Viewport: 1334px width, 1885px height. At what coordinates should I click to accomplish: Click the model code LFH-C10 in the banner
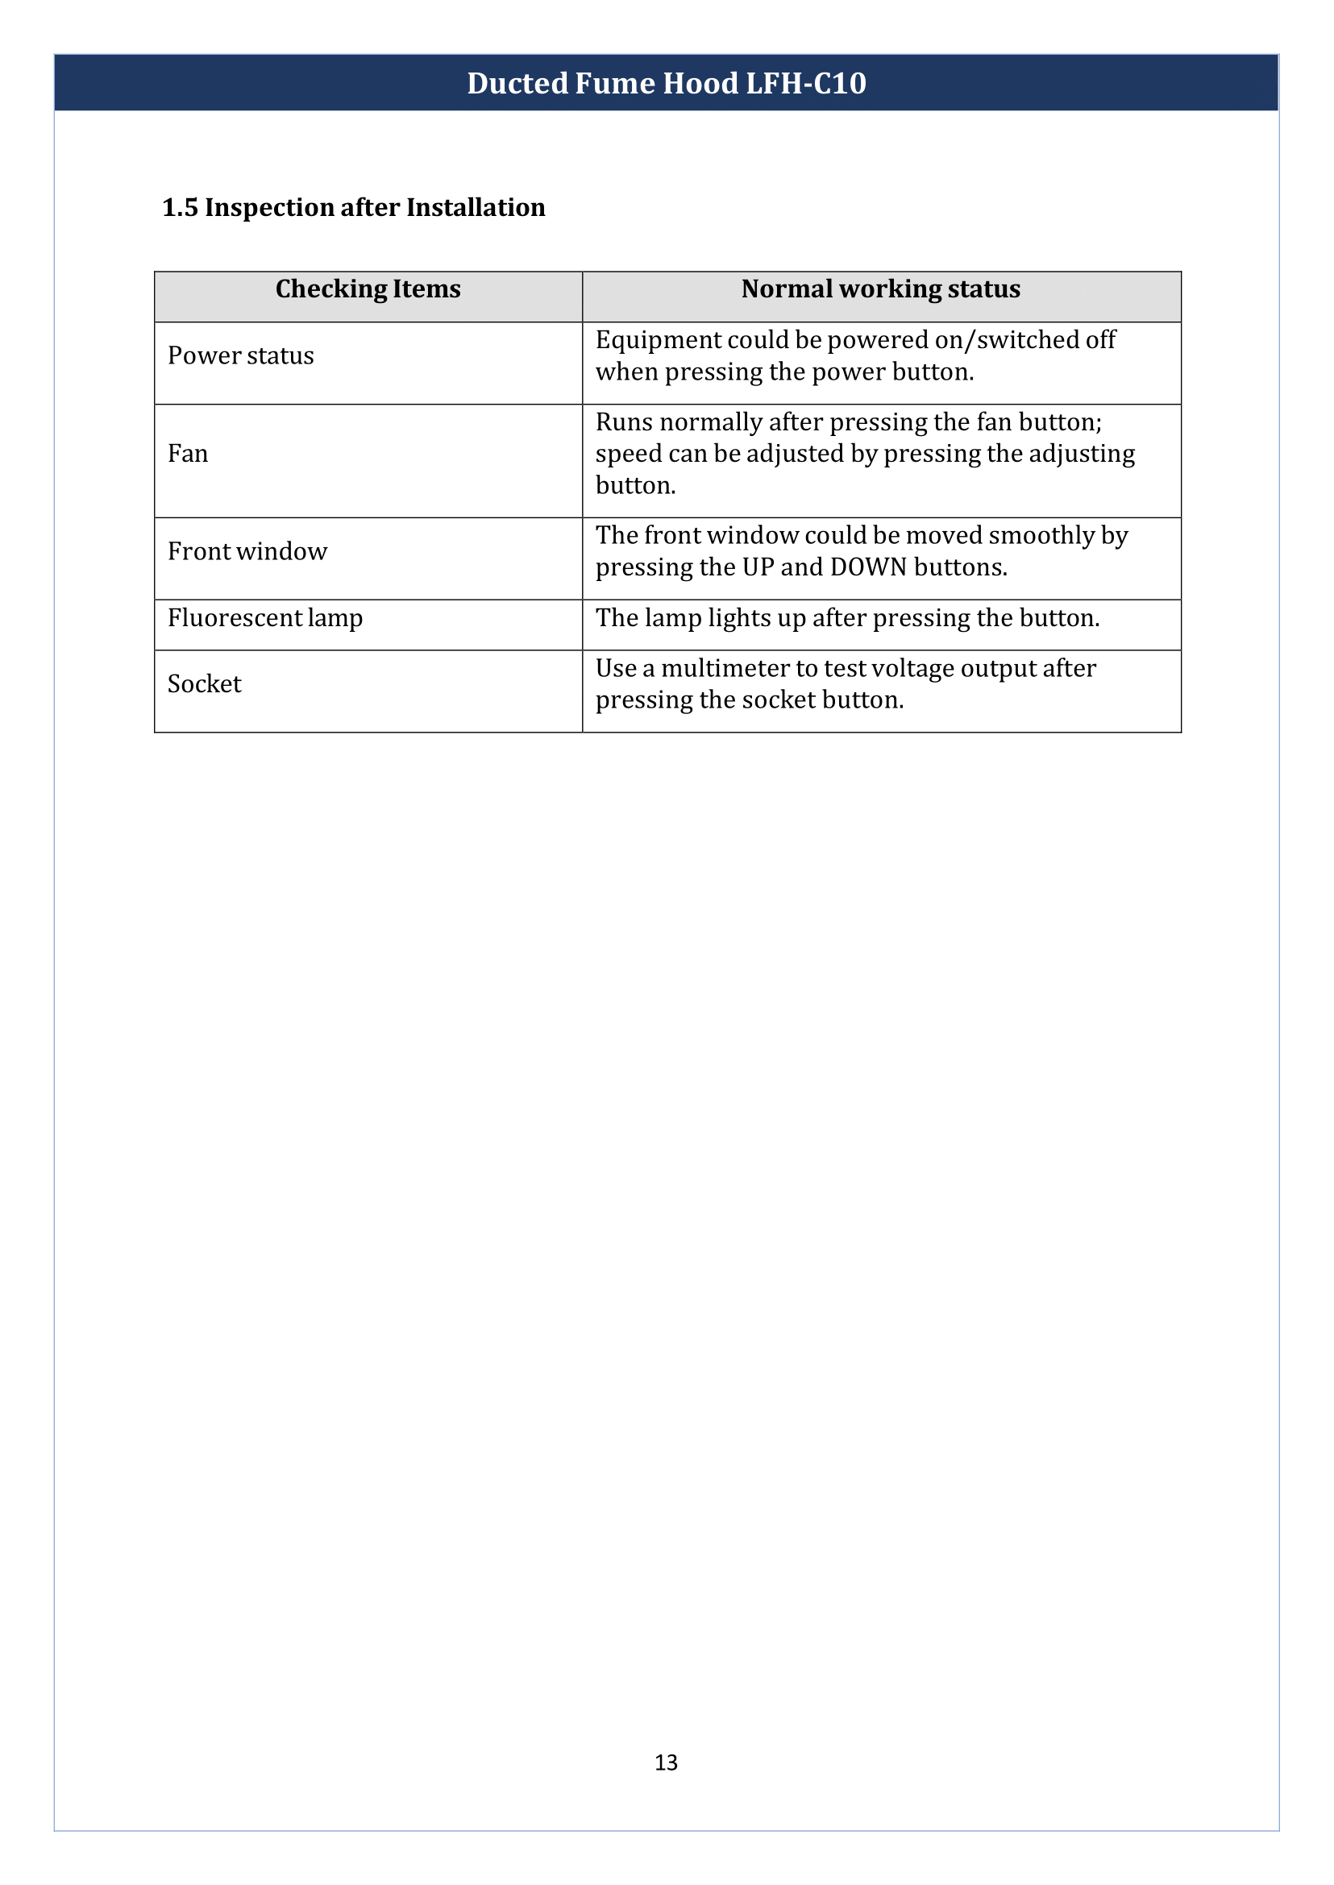click(805, 83)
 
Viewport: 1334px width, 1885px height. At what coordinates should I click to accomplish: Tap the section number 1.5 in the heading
click(180, 208)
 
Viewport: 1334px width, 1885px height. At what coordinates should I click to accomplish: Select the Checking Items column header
click(368, 289)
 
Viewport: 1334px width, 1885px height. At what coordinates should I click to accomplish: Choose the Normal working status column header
click(880, 289)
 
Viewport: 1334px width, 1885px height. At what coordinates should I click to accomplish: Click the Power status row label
click(241, 355)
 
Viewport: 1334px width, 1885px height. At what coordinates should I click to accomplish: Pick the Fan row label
click(188, 454)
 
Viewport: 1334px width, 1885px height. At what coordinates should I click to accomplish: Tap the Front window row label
click(247, 551)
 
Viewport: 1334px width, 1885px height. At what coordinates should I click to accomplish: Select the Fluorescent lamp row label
click(264, 617)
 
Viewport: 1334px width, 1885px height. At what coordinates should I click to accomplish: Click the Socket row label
click(205, 684)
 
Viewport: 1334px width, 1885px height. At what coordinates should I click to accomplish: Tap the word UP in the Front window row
click(758, 567)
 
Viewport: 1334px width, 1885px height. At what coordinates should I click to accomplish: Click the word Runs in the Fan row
click(623, 422)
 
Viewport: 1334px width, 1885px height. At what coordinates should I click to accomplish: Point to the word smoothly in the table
click(1041, 536)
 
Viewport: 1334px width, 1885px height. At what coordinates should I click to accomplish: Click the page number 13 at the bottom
click(666, 1763)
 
